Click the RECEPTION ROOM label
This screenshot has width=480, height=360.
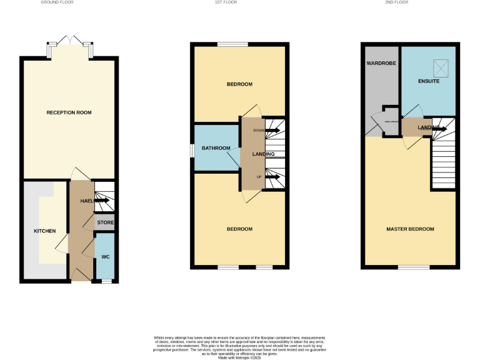pos(69,112)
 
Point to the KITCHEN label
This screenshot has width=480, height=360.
pos(44,231)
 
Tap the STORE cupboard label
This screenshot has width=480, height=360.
pos(104,222)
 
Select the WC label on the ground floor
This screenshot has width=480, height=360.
pos(105,257)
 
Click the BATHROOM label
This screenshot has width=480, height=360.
pos(216,148)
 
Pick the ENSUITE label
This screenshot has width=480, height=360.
pos(429,81)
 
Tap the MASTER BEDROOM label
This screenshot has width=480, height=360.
pos(410,229)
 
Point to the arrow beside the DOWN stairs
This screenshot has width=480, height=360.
pos(272,131)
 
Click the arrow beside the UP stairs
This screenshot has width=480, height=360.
pos(272,177)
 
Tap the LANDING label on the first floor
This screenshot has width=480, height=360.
pos(262,154)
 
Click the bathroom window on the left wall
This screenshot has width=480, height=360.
pos(192,149)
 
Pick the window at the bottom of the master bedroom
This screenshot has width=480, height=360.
pos(413,267)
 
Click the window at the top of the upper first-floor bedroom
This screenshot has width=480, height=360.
pos(232,44)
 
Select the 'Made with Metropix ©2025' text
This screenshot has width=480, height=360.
pos(239,357)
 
